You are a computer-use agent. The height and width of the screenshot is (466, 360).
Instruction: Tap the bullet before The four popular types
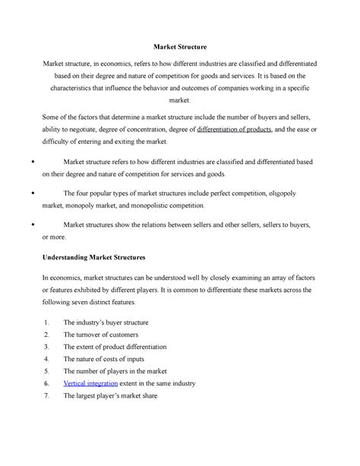click(x=30, y=193)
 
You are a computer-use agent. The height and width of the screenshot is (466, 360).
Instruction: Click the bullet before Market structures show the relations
click(x=30, y=225)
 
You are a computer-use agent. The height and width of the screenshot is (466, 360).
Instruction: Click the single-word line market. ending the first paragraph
click(x=179, y=100)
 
